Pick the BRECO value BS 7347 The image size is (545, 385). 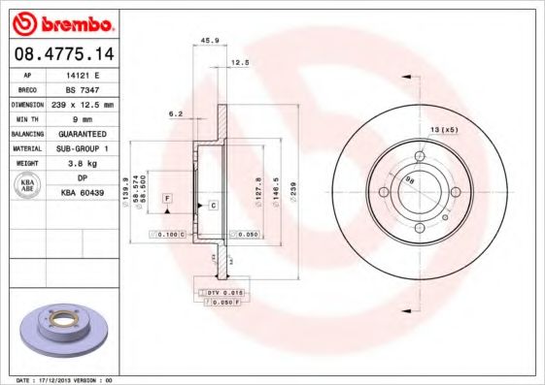[77, 87]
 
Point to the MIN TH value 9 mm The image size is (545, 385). [77, 116]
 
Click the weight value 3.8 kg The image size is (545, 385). [77, 165]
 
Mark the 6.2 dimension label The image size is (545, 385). [175, 113]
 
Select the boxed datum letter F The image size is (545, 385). [167, 198]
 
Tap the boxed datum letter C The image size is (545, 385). [212, 207]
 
